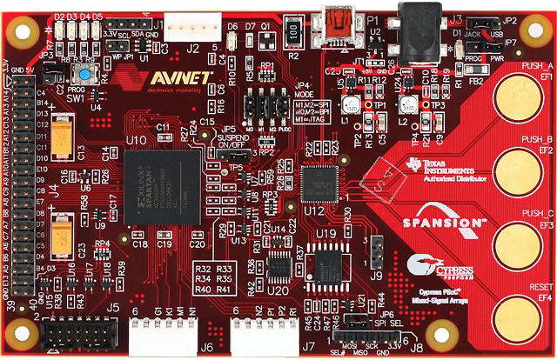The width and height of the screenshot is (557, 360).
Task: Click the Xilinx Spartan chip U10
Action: click(x=156, y=184)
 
